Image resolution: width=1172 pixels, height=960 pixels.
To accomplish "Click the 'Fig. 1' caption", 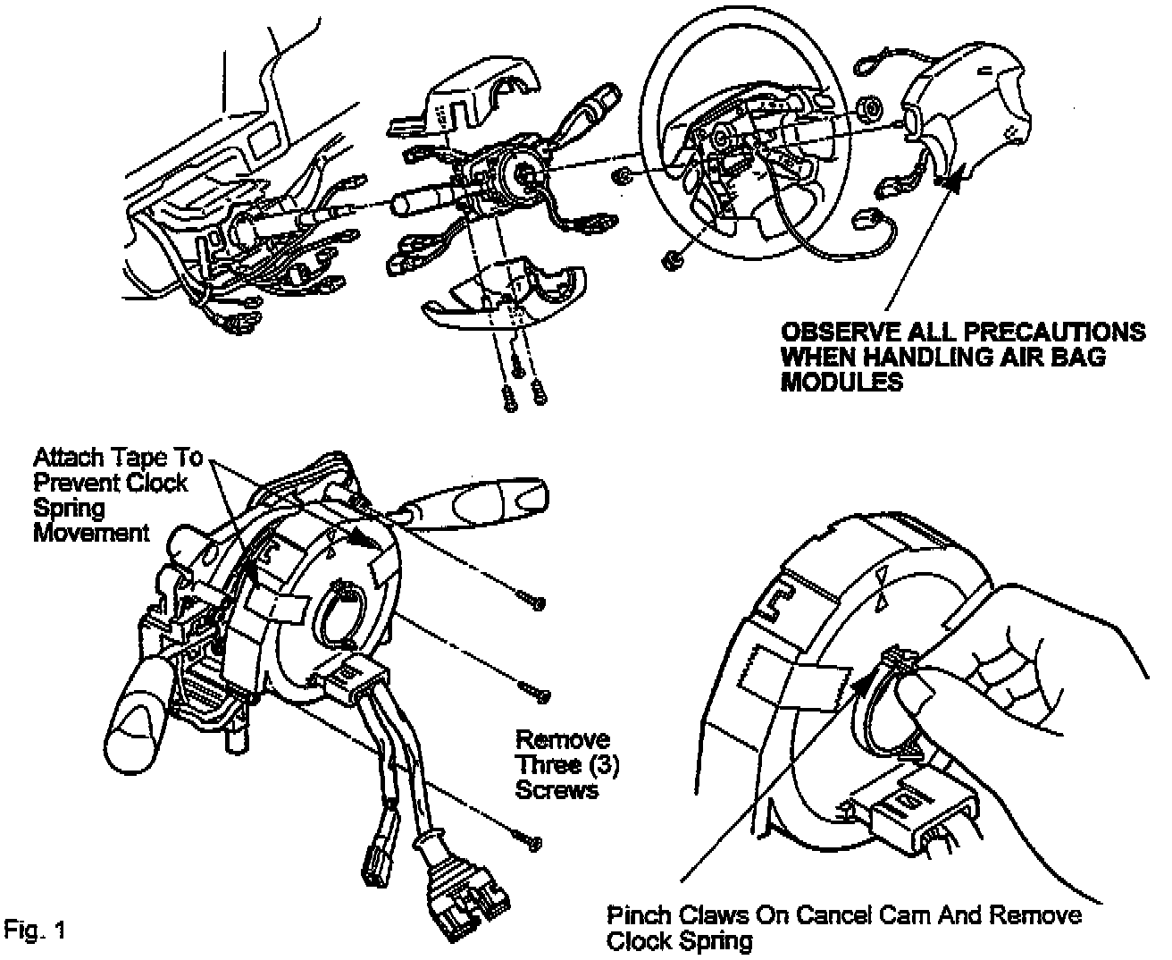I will [35, 929].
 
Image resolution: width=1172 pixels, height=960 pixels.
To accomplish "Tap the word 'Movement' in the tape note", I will [92, 533].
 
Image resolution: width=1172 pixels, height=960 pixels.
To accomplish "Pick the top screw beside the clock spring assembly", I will [533, 603].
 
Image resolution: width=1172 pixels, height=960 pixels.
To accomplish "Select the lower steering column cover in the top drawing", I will [505, 291].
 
